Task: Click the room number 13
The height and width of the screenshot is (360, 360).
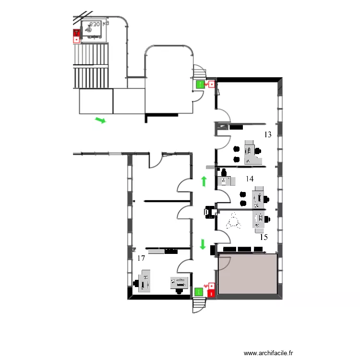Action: coord(268,135)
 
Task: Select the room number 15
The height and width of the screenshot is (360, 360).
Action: coord(264,237)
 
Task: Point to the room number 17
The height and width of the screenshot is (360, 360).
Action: coord(141,258)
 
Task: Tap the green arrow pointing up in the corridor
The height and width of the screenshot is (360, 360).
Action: coord(204,181)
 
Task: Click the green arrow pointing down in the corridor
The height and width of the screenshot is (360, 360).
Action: coord(203,244)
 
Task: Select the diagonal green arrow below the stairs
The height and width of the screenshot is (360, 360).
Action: coord(100,120)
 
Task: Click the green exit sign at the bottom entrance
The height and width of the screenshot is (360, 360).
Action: coord(199,291)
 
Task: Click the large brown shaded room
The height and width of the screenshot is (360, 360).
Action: coord(248,275)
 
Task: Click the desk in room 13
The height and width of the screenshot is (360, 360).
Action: coord(250,152)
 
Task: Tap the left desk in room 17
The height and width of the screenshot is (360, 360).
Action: coord(144,281)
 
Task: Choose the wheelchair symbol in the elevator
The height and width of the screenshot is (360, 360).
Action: coord(89,29)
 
